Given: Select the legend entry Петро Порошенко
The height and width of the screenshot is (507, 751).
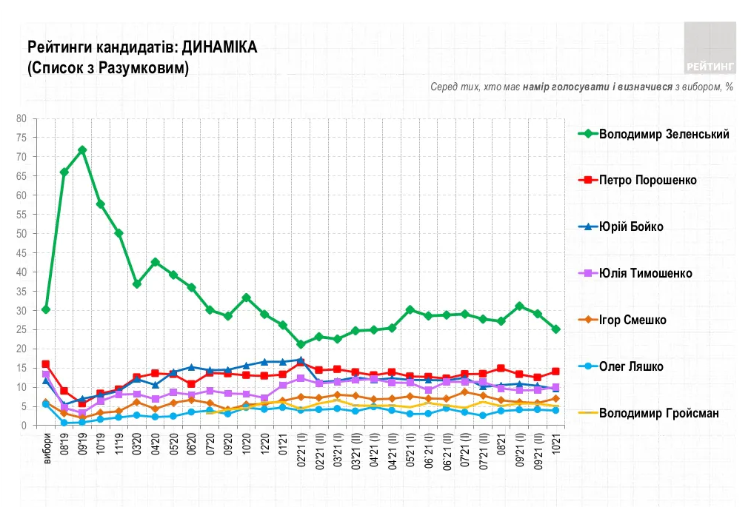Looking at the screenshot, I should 647,180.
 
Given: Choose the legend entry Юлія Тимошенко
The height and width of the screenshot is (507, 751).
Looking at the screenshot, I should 645,273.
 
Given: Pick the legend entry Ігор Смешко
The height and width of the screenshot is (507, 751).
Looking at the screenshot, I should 632,320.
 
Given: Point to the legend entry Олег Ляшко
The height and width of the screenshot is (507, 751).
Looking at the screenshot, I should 630,366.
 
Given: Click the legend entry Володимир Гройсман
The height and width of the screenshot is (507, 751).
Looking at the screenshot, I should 658,413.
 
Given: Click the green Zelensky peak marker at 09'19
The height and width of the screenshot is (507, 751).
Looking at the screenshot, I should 82,150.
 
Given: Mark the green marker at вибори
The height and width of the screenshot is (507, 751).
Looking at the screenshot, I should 46,309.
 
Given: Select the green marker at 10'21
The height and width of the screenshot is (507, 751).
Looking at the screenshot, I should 555,329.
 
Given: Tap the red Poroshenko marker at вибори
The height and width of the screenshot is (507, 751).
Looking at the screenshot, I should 46,364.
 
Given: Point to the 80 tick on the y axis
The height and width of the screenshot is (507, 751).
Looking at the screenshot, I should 21,118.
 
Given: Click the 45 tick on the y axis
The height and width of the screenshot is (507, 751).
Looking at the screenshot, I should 21,252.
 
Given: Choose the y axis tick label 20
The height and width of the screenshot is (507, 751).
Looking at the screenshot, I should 21,349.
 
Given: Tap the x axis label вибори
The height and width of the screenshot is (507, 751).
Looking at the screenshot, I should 47,446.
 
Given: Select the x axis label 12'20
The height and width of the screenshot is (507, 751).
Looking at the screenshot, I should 264,441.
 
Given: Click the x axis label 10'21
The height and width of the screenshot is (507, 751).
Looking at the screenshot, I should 555,441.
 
